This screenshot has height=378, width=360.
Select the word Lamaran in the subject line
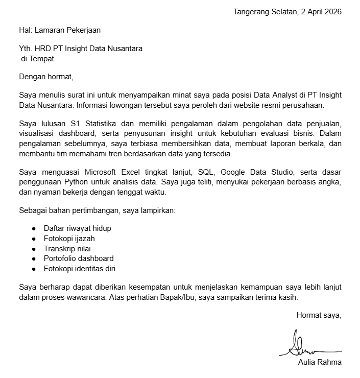(x=51, y=30)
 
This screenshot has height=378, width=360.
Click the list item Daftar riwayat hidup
(x=77, y=228)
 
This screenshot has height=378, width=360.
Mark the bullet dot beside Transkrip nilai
(x=34, y=248)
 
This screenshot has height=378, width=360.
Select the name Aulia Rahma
(x=320, y=362)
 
